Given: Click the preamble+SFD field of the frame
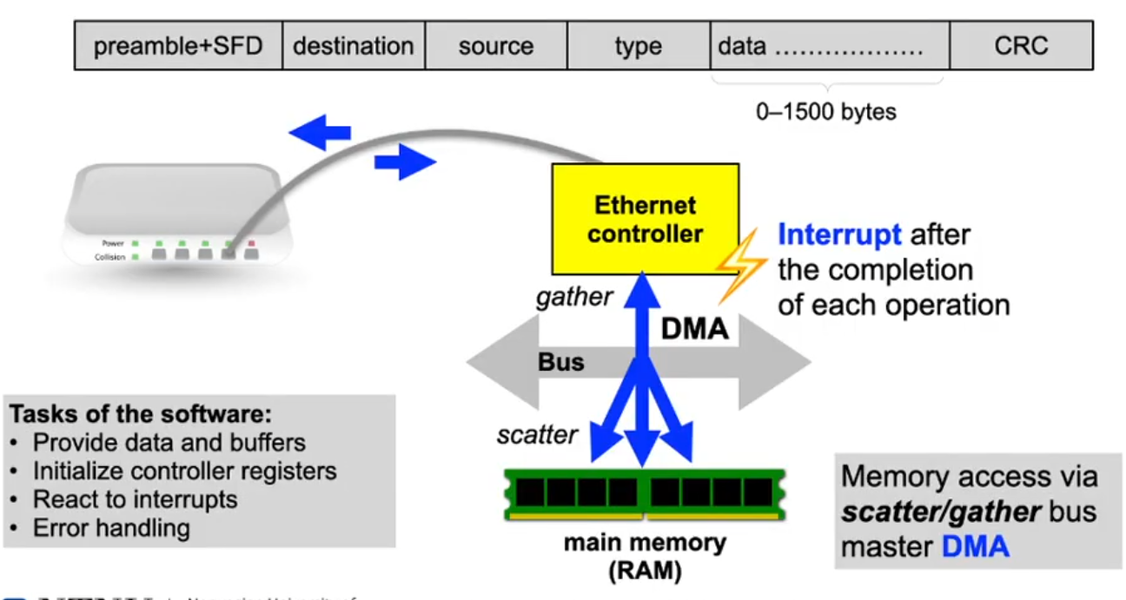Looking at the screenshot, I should point(178,45).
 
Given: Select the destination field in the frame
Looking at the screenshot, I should point(354,45).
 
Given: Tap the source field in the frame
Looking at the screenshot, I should point(495,45).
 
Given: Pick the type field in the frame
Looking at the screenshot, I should point(638,45).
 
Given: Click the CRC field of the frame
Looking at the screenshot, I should point(1021,45).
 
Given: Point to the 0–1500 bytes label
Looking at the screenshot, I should point(826,112).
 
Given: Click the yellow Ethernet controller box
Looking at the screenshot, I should point(646,219).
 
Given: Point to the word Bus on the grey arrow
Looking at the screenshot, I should point(561,361).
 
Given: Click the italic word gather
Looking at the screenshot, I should point(574,297).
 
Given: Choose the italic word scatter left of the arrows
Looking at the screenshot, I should point(537,434).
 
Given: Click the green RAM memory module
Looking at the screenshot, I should point(645,493).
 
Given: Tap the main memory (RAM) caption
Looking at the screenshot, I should point(645,555).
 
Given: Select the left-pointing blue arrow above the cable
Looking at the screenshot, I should point(319,133).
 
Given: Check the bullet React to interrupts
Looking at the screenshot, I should point(135,499).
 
